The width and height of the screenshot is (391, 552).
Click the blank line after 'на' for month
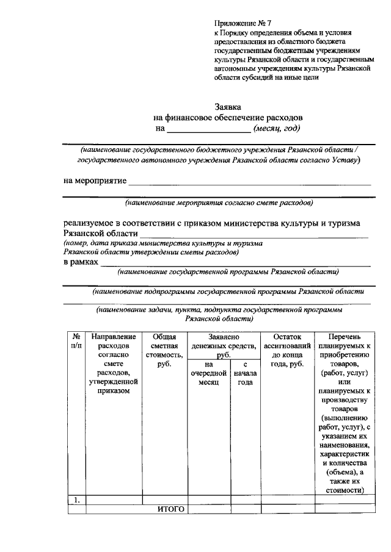click(208, 129)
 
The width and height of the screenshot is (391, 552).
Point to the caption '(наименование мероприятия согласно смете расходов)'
click(219, 202)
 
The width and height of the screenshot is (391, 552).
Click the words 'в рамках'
click(81, 262)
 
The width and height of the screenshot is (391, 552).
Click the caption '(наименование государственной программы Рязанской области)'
click(228, 271)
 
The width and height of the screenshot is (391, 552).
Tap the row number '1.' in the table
click(77, 500)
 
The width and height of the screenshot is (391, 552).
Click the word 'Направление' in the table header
click(114, 337)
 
